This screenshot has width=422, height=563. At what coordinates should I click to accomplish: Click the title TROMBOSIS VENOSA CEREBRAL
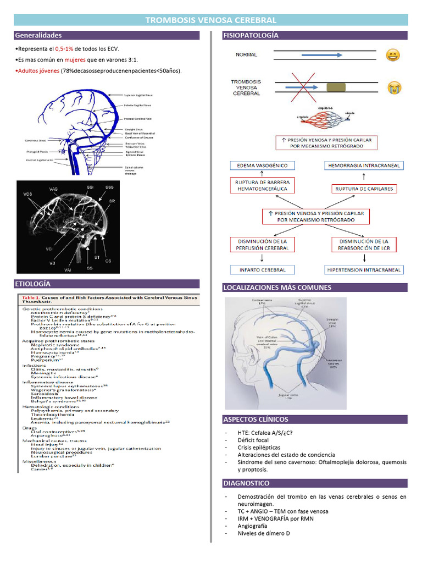[210, 20]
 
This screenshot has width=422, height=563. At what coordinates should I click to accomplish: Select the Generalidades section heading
[38, 35]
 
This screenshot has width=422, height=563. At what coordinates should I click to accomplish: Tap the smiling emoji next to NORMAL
[392, 55]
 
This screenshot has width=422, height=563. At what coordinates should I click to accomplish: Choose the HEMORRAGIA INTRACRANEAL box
[364, 165]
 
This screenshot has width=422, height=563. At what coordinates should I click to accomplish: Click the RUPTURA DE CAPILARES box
[364, 189]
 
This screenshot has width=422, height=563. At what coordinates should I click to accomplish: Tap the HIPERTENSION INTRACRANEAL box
[364, 270]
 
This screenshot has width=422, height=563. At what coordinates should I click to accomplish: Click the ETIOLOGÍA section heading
[33, 284]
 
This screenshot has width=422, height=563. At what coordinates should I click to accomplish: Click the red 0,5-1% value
[64, 49]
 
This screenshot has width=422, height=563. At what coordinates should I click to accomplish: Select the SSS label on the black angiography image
[109, 187]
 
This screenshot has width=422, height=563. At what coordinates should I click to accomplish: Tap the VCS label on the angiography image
[27, 194]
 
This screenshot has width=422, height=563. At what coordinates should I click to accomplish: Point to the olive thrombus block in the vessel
[337, 87]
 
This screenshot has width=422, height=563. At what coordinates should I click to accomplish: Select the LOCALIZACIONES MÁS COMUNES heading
[277, 288]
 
